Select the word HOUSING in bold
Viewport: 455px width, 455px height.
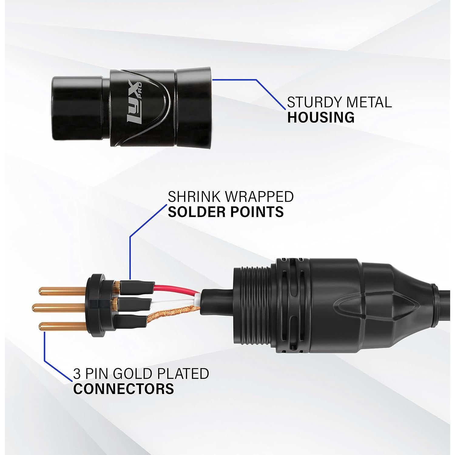pyautogui.click(x=321, y=117)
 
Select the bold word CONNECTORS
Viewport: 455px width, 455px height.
pyautogui.click(x=123, y=389)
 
